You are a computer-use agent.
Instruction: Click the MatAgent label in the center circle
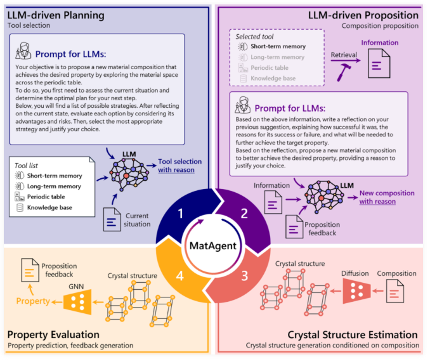(214, 245)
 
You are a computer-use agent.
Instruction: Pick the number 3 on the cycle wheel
(244, 276)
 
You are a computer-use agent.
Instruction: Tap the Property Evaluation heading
(54, 334)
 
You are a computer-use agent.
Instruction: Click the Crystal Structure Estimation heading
(351, 335)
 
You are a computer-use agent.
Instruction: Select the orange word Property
(32, 301)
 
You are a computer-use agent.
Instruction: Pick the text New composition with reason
(386, 197)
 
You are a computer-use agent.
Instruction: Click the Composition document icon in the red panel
(394, 292)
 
